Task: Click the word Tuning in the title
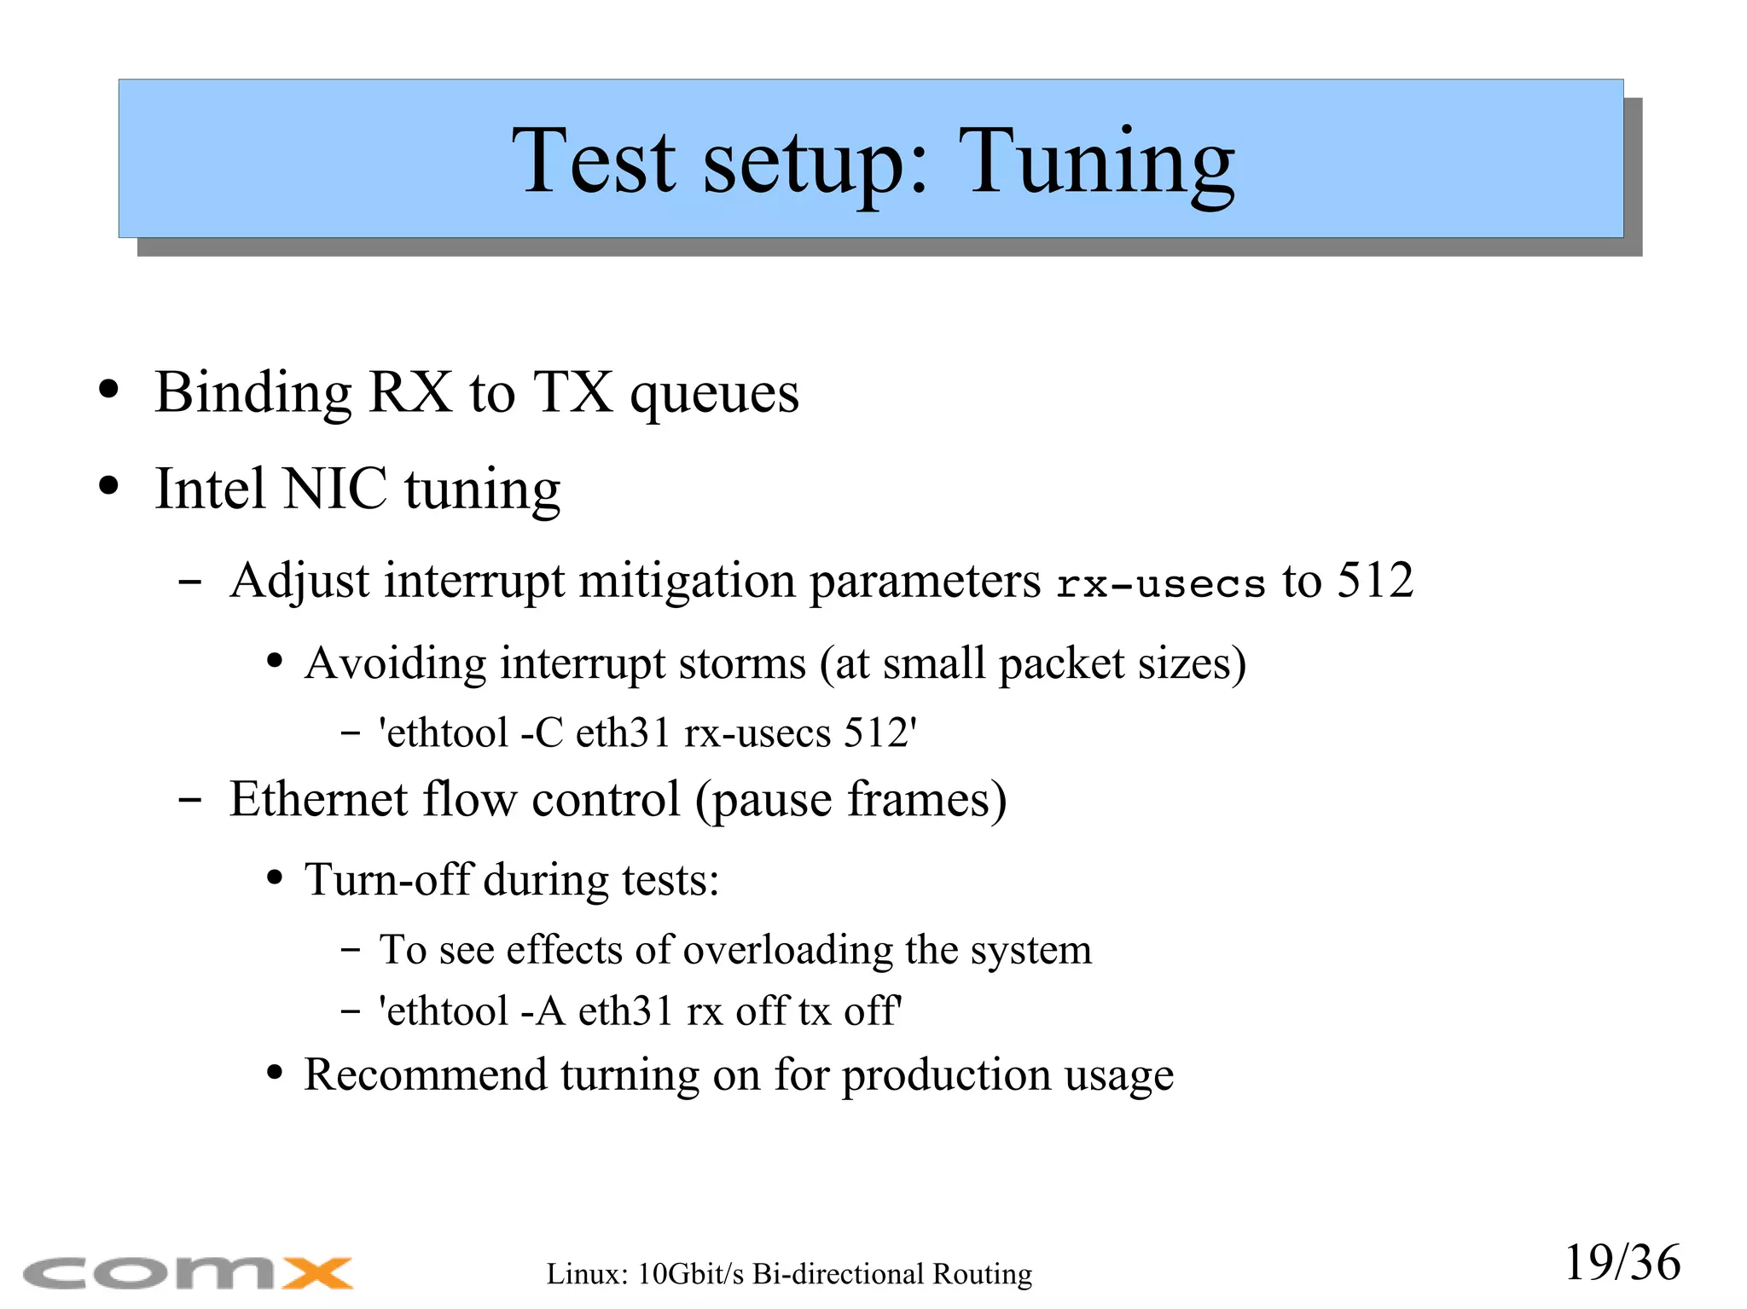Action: [1096, 162]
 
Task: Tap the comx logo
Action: [188, 1273]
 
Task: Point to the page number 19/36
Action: [1622, 1263]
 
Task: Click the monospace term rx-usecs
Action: [1160, 584]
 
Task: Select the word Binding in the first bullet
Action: [252, 393]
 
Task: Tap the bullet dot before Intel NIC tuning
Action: [108, 486]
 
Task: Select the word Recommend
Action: [425, 1074]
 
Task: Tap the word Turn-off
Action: [387, 879]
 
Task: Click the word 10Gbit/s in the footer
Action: [691, 1274]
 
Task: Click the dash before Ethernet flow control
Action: [189, 801]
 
